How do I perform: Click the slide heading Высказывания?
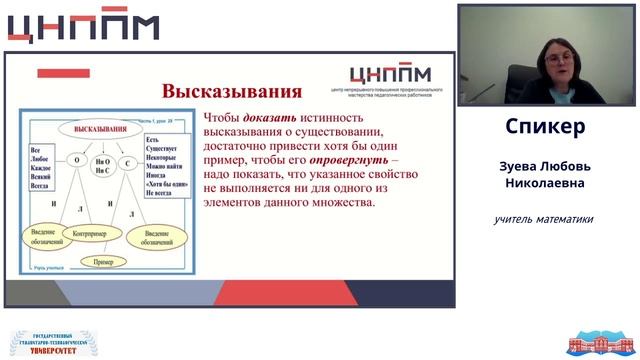232,92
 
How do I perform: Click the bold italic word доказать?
270,116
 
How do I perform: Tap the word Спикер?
545,127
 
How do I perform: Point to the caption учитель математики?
544,219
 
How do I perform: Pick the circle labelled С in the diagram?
128,160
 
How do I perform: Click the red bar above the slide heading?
63,74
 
